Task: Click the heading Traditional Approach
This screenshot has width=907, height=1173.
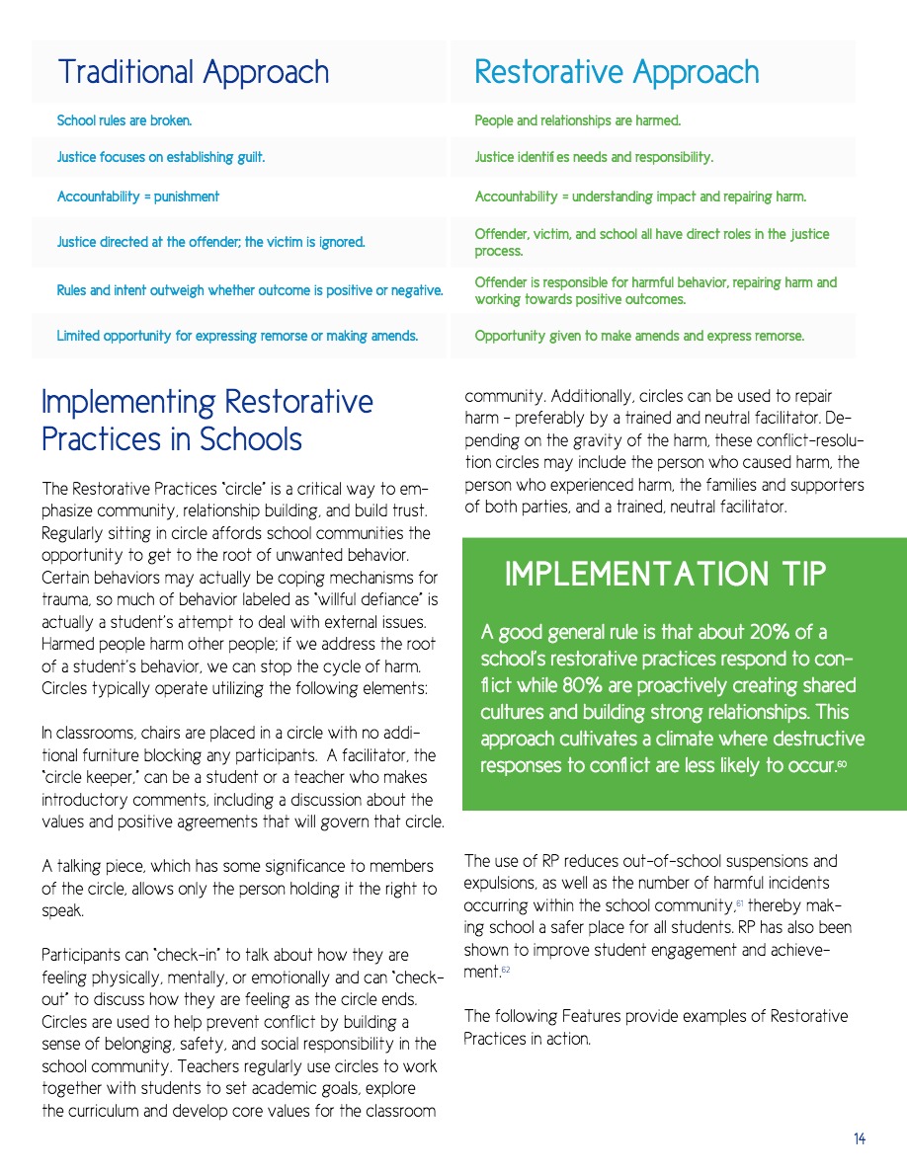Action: click(x=193, y=72)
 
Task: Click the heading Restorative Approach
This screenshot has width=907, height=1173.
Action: click(x=617, y=72)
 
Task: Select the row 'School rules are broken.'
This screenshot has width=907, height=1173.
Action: click(x=124, y=120)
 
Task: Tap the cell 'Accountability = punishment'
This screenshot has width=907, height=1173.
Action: click(x=138, y=196)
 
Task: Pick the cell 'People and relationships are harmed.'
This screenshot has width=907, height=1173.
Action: click(x=578, y=120)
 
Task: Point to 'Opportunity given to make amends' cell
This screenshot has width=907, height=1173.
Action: click(x=639, y=336)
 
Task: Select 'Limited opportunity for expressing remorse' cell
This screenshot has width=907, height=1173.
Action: click(x=237, y=336)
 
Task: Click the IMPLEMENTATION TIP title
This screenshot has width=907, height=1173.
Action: click(x=665, y=574)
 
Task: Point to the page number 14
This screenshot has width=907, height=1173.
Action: click(x=860, y=1139)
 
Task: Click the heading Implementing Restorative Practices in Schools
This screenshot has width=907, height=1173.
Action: click(x=207, y=420)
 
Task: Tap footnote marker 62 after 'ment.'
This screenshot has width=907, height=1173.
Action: click(x=505, y=972)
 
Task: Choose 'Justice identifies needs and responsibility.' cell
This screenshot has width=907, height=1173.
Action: click(x=594, y=157)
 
